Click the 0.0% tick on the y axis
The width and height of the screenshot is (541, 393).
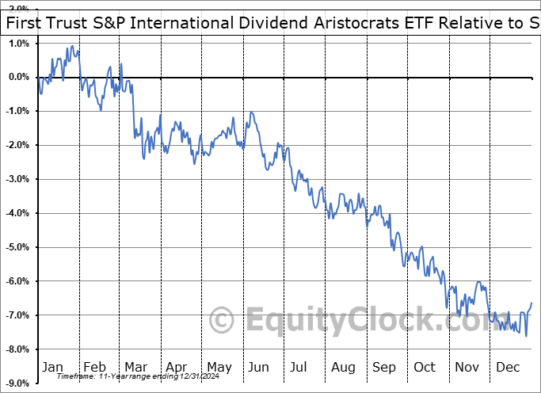click(17, 77)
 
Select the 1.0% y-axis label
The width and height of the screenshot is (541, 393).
click(17, 43)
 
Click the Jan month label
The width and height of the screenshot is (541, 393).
click(52, 367)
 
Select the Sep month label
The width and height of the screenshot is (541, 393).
click(383, 367)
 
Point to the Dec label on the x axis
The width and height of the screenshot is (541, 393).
click(507, 367)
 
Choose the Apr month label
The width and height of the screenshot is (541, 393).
click(176, 367)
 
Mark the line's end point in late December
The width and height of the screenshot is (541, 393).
click(531, 303)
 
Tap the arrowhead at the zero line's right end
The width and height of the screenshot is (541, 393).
click(532, 77)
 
